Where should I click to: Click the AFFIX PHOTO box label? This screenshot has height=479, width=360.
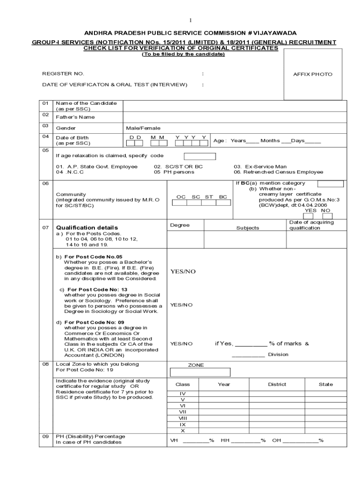coord(313,74)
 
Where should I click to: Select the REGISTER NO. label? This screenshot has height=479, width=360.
coord(63,74)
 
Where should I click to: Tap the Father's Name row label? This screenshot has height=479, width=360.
coord(75,117)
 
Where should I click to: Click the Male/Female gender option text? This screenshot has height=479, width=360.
coord(143,128)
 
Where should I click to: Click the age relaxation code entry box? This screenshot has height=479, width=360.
coord(200,156)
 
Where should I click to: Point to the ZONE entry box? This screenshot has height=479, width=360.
coord(200,372)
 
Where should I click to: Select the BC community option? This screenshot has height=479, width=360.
coord(223,197)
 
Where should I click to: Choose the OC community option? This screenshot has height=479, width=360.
coord(181,197)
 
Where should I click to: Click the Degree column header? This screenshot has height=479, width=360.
coord(180,225)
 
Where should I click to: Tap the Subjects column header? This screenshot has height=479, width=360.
coord(247,228)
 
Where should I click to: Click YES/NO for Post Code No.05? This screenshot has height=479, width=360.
coord(183,272)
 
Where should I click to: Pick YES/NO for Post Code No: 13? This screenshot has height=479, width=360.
coord(181,305)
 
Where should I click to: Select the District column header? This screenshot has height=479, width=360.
coord(277,385)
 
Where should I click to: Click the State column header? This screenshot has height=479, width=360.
coord(326,385)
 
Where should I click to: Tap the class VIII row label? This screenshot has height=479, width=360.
coord(183,418)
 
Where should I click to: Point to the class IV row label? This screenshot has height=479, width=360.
coord(183,394)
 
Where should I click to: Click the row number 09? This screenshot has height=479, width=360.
coord(45,436)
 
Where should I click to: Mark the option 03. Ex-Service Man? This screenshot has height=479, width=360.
coord(260,167)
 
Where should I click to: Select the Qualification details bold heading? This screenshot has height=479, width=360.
coord(87,228)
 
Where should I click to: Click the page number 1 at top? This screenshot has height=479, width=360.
coord(190,21)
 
